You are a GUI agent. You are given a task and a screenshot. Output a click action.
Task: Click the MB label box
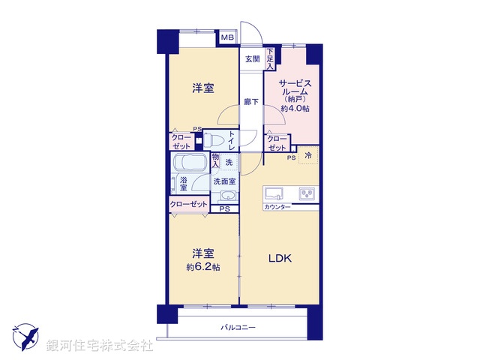click(227, 37)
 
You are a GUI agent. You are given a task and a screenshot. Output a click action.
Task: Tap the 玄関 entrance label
click(250, 58)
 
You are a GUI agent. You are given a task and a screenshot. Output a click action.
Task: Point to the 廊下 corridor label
click(250, 102)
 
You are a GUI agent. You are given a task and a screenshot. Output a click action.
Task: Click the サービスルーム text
click(293, 90)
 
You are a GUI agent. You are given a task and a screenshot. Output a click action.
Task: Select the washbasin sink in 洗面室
click(226, 196)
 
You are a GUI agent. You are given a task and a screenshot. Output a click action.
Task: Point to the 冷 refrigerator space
click(308, 156)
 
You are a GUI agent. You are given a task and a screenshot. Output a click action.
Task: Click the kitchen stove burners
click(307, 193)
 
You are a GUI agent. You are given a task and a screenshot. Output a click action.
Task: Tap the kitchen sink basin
click(273, 192)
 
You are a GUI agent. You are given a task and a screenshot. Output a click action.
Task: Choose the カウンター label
click(277, 206)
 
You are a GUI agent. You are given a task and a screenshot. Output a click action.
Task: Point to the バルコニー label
click(238, 328)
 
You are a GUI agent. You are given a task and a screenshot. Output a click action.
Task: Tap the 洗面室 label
click(224, 181)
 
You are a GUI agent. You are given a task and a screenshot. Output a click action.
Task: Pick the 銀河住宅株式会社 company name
click(99, 346)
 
